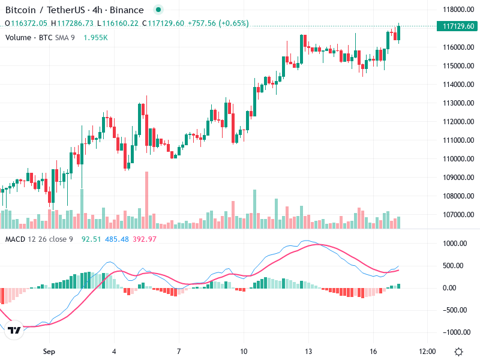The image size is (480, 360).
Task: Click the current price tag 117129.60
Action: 457,26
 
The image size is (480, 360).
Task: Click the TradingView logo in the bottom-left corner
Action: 14,330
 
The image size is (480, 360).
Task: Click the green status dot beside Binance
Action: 158,10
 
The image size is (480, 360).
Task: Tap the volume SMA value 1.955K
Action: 95,38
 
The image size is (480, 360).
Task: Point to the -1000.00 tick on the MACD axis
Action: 454,332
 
